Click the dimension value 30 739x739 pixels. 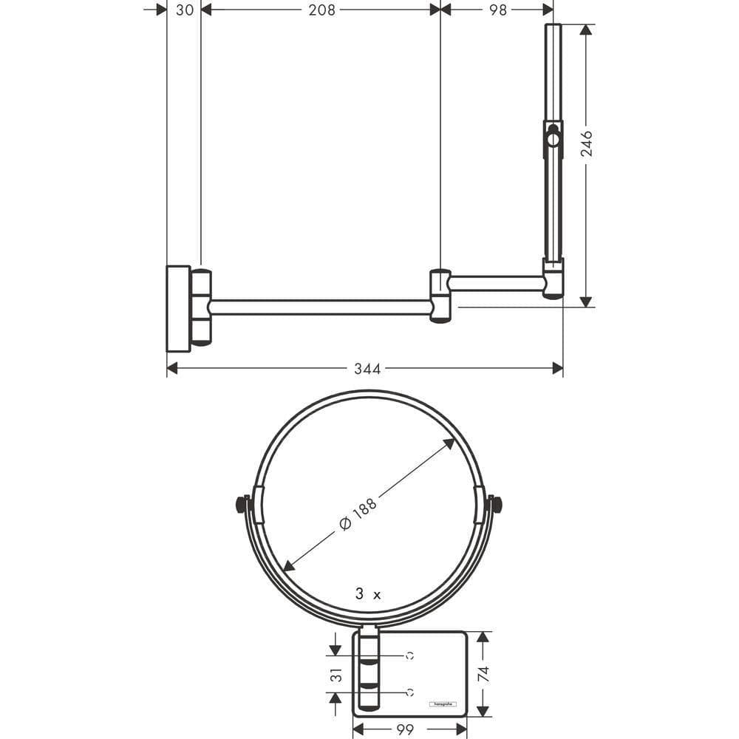click(x=184, y=10)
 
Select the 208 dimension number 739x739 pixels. click(x=321, y=10)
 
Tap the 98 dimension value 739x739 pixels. click(x=498, y=10)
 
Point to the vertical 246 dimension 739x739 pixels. click(x=586, y=144)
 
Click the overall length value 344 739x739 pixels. click(x=367, y=369)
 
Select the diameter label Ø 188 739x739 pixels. click(x=358, y=513)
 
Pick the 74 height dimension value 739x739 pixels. click(x=483, y=674)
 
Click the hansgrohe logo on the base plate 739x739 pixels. click(x=443, y=704)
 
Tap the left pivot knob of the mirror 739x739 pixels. click(x=240, y=505)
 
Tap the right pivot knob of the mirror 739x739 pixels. click(x=497, y=505)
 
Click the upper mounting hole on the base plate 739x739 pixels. click(x=409, y=655)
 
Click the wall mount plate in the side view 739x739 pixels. click(x=178, y=307)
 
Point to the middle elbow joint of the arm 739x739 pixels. click(x=440, y=296)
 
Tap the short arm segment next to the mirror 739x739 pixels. click(x=497, y=283)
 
